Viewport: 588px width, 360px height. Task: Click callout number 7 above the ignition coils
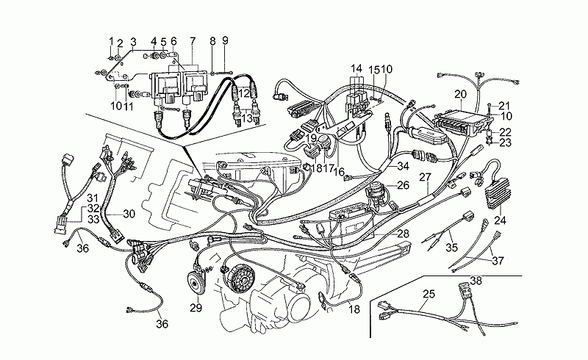(193, 40)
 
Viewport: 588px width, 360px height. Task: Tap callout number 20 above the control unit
(460, 94)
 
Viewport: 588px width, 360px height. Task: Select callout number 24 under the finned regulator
(501, 220)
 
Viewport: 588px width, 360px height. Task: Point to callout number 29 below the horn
(195, 307)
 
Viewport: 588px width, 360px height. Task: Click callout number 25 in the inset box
(429, 295)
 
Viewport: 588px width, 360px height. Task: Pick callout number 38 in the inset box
(476, 281)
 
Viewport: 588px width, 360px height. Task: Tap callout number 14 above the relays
(356, 68)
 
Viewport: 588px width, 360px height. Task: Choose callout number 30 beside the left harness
(129, 215)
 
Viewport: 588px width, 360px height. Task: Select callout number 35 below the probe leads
(451, 247)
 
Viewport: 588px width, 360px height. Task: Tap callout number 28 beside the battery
(403, 233)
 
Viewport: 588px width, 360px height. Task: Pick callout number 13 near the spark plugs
(247, 118)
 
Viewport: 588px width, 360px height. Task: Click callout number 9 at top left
(225, 40)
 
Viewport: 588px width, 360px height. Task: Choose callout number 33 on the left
(93, 219)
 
